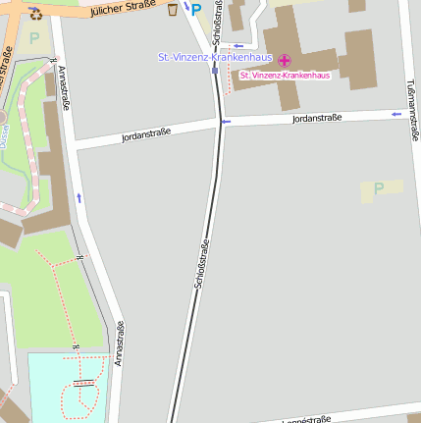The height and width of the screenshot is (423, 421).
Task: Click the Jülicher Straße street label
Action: tap(122, 10)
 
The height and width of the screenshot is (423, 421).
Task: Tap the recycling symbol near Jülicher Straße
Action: tap(36, 13)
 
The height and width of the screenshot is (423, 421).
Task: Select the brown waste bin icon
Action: tap(174, 10)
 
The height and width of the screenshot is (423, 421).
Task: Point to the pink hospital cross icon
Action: tap(285, 61)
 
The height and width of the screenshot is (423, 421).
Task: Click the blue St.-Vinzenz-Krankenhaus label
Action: tap(215, 57)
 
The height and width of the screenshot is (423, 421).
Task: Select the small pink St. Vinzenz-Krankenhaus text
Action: tap(285, 76)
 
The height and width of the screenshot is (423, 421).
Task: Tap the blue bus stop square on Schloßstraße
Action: tap(215, 70)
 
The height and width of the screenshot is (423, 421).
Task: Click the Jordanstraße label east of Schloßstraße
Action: tap(317, 119)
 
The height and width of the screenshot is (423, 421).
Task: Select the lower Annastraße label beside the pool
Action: tap(120, 344)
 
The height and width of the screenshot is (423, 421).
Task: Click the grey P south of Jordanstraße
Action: tap(378, 188)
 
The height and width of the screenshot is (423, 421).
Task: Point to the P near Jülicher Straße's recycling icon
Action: tap(35, 39)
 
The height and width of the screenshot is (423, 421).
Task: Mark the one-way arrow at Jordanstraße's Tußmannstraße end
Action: tap(396, 115)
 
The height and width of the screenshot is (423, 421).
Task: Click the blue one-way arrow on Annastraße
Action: tap(79, 198)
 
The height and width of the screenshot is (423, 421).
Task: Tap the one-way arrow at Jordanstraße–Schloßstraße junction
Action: tap(226, 122)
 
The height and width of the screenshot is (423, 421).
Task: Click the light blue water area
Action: tap(59, 388)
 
